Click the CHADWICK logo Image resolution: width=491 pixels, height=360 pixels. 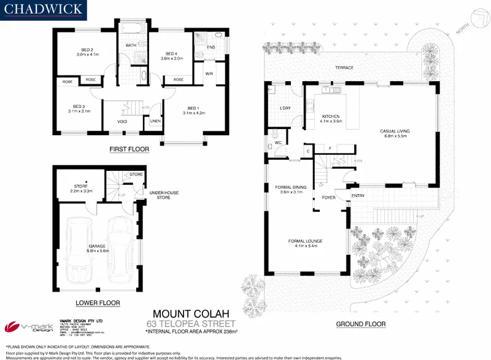point(43,10)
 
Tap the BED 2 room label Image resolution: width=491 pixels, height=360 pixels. point(87,50)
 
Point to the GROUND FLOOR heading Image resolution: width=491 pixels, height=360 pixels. point(361,324)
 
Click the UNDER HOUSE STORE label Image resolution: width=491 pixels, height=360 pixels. point(164,195)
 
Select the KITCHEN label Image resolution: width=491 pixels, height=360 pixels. point(330,116)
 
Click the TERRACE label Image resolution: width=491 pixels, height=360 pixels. point(344,68)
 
